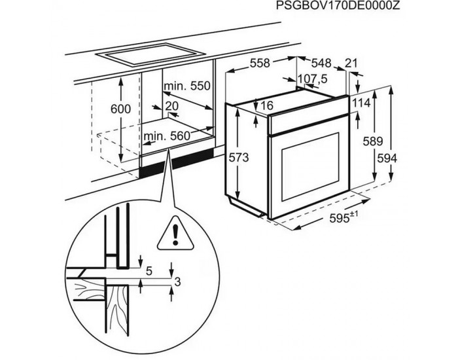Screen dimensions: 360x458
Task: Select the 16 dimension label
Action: click(x=266, y=106)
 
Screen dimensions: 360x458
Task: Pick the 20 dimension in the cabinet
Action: click(x=172, y=105)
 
